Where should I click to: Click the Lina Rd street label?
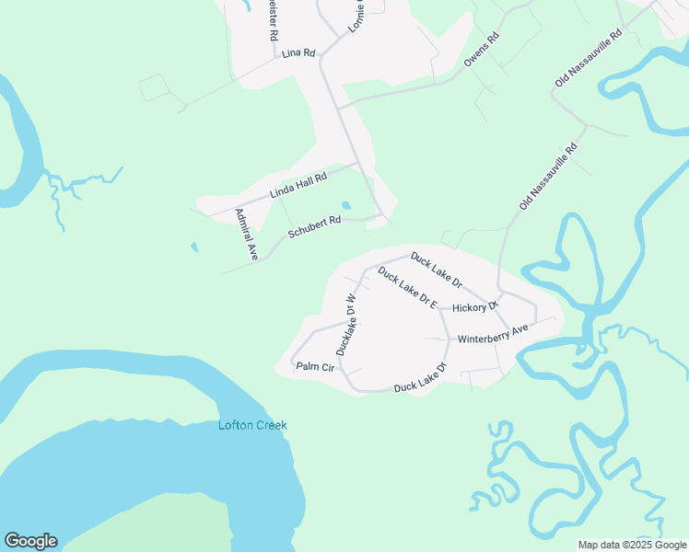(x=298, y=53)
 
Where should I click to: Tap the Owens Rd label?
(x=481, y=50)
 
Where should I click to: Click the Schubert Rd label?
(x=314, y=227)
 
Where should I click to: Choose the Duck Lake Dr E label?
(x=406, y=288)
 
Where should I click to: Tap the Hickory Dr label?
(x=475, y=306)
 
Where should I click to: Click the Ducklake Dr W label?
(x=346, y=325)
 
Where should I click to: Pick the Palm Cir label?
(x=312, y=366)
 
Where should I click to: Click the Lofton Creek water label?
(x=252, y=425)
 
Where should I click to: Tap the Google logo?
(x=30, y=541)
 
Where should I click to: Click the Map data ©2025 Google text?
(x=632, y=545)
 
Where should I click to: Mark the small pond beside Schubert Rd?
(x=346, y=205)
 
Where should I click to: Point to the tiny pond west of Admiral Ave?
(x=193, y=247)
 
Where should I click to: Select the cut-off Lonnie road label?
(x=356, y=17)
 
